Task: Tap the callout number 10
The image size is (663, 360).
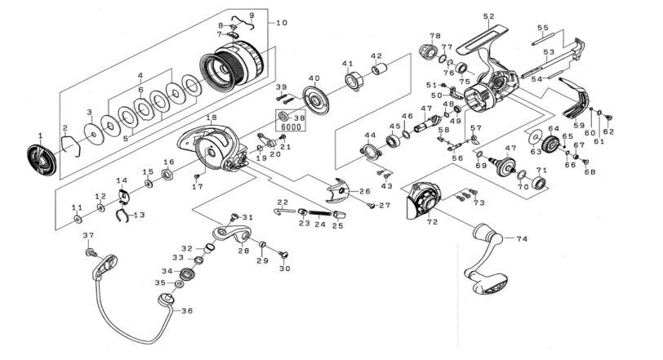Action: click(x=283, y=22)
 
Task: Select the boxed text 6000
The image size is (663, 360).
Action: click(x=289, y=127)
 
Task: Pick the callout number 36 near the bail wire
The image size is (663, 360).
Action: click(x=187, y=310)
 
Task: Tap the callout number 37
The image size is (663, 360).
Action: click(x=88, y=235)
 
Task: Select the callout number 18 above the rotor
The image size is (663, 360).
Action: click(x=211, y=118)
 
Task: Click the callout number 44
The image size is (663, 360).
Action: click(x=370, y=135)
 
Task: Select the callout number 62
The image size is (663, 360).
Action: click(x=608, y=131)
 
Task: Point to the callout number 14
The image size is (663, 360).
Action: click(x=121, y=181)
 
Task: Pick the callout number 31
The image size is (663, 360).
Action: click(x=247, y=217)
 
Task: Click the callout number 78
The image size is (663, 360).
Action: click(x=434, y=36)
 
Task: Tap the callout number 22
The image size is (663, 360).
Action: click(x=282, y=202)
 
